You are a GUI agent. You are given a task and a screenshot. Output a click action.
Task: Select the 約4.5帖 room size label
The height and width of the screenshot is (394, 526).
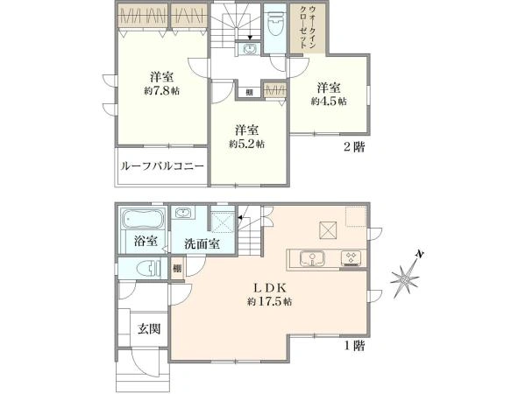[328, 101]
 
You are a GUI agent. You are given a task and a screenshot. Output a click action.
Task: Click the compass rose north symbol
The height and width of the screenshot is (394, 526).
[406, 278]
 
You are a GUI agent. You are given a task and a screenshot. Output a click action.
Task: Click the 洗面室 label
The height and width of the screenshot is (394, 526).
[202, 243]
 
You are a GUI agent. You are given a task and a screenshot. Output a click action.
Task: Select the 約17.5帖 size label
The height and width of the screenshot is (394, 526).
[269, 301]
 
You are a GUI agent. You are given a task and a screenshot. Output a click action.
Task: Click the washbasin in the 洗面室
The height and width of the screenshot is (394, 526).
[186, 215]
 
